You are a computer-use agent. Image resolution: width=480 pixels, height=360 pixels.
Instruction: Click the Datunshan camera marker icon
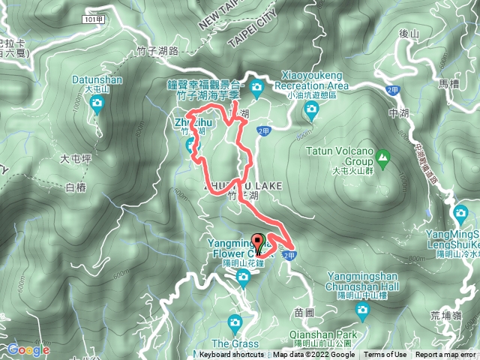pos(96,106)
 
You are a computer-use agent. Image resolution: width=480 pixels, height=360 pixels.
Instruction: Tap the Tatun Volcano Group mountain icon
pos(383,157)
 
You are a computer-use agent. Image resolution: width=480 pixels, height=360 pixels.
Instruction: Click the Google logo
pos(28,349)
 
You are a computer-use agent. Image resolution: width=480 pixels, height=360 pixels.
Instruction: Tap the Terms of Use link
pos(385,355)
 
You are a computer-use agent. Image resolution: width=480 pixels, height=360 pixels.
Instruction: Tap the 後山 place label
pos(409,33)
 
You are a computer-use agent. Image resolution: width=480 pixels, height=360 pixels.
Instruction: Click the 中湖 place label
pos(398,114)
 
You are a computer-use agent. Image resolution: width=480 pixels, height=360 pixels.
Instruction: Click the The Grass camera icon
pos(235,323)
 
